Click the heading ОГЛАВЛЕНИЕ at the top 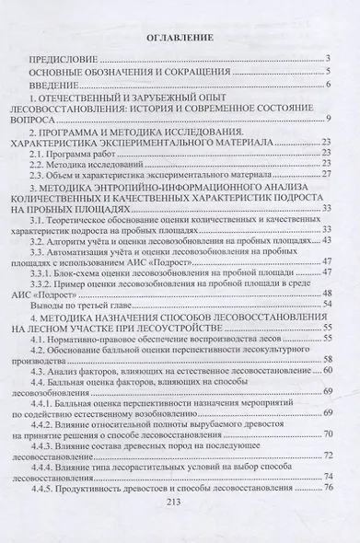(x=180, y=38)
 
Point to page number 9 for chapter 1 (x=328, y=119)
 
